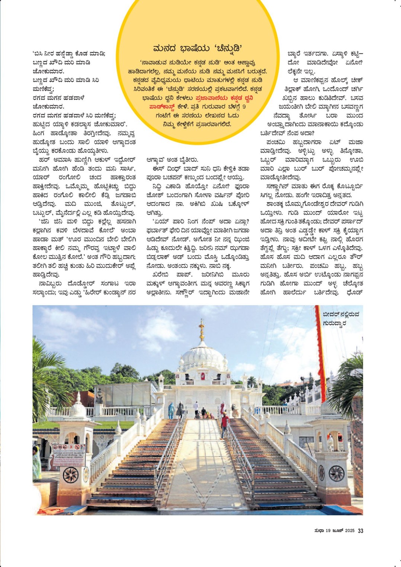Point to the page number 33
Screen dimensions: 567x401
click(360, 531)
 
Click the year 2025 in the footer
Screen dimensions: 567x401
click(349, 531)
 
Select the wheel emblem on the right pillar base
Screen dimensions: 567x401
click(336, 473)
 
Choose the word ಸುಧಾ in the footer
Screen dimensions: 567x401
click(319, 531)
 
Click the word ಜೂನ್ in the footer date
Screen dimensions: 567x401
click(337, 531)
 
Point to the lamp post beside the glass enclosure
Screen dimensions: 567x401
click(99, 395)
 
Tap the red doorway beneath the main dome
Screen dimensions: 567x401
click(202, 376)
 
